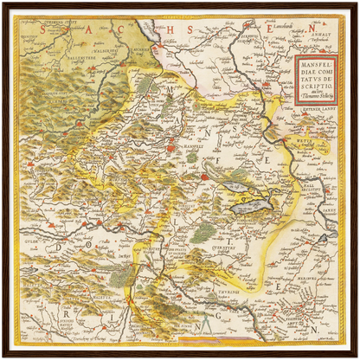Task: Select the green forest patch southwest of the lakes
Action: (203, 232)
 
